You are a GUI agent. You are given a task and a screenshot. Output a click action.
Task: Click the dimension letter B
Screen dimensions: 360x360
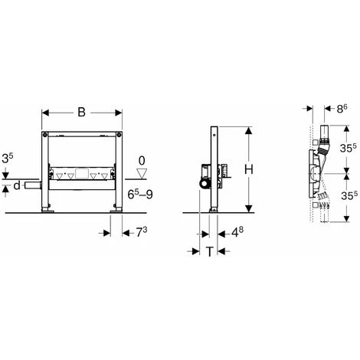81,113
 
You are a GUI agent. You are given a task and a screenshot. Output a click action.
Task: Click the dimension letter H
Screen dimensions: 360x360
249,169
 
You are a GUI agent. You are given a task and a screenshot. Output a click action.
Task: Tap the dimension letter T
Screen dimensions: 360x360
209,252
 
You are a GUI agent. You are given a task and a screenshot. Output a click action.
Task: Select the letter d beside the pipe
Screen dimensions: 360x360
17,185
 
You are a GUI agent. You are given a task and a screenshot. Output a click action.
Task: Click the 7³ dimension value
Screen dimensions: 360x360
141,232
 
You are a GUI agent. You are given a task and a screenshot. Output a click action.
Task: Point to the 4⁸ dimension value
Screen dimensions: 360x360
237,232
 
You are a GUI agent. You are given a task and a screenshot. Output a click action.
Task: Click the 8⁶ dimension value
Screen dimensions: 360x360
342,109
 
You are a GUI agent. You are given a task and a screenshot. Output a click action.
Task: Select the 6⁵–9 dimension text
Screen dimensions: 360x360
140,195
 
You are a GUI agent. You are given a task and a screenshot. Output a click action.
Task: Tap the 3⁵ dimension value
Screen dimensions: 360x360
8,159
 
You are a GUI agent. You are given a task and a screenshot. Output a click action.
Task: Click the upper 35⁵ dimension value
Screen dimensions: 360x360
348,148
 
